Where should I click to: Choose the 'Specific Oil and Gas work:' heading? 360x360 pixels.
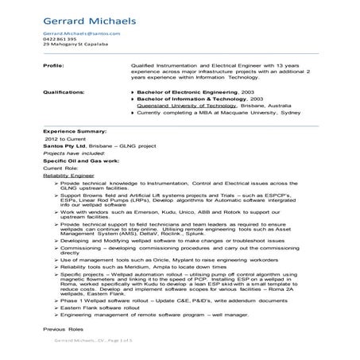click(x=77, y=157)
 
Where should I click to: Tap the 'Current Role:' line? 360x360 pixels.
click(x=61, y=164)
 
